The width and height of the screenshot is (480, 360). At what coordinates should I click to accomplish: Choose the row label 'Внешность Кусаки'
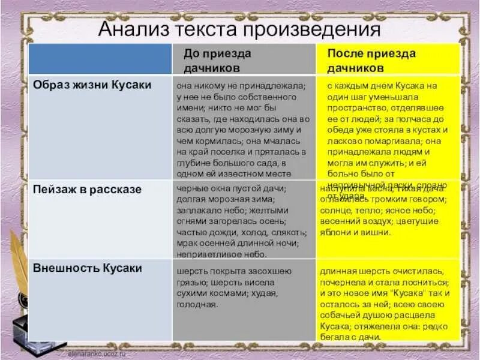coord(88,268)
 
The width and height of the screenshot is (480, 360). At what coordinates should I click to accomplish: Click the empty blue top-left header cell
coord(100,59)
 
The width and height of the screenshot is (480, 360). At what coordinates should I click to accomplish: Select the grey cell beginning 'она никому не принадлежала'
coord(243,129)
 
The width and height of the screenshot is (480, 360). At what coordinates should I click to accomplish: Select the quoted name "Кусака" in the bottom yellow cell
coord(409,293)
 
